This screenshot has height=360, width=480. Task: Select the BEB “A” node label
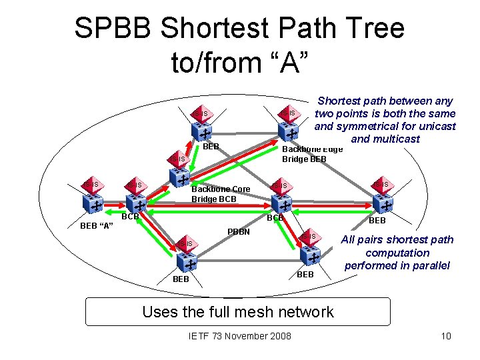[97, 225]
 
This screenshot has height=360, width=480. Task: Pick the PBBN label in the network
[238, 231]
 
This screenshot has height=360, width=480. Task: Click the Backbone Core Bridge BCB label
[221, 194]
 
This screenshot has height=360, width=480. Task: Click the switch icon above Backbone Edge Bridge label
[290, 131]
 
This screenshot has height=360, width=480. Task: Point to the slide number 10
[446, 335]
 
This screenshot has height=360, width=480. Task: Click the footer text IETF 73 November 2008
[240, 335]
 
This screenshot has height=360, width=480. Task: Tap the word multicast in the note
[395, 139]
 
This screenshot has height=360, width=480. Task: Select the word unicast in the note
[437, 126]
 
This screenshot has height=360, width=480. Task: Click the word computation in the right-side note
[397, 253]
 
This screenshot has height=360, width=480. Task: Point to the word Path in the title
[304, 29]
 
